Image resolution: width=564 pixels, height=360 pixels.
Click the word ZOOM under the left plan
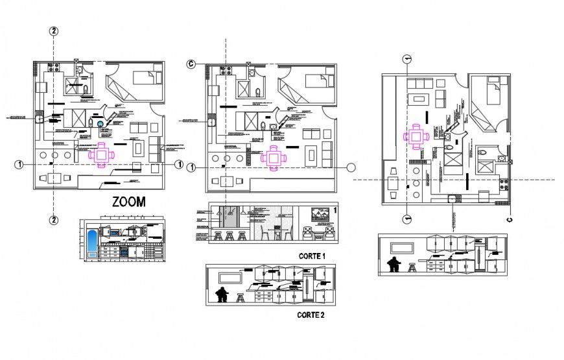128,202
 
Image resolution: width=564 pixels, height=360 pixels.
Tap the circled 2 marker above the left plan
54,31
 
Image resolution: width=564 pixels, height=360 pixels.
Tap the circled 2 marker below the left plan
54,221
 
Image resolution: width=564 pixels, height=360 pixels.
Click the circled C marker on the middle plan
191,64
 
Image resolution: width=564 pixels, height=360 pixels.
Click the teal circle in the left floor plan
101,125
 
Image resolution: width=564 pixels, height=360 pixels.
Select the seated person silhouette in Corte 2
222,295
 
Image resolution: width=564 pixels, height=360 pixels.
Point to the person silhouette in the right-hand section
393,265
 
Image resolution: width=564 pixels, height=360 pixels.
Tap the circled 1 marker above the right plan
406,59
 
